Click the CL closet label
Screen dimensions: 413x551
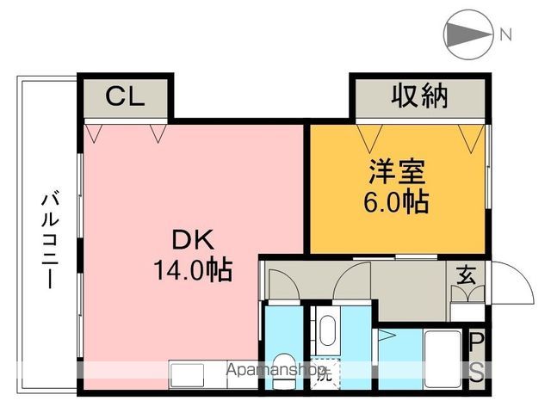[x=125, y=96]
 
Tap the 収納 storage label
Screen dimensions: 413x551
[x=421, y=96]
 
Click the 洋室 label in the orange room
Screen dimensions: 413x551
[x=398, y=173]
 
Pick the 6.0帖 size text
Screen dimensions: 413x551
[x=398, y=203]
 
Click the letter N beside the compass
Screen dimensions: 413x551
[x=506, y=35]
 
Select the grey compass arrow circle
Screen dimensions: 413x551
[x=466, y=35]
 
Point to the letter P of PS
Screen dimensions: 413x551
[x=475, y=342]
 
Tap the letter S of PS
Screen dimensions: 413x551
[x=475, y=373]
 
